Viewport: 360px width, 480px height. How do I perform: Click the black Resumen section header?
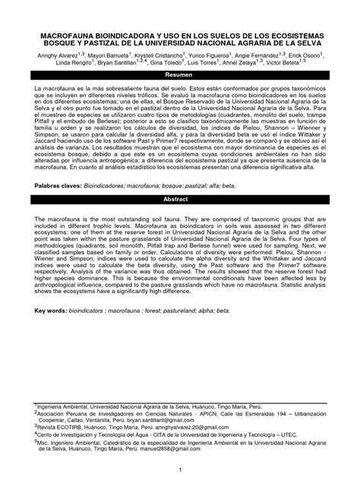pos(180,75)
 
